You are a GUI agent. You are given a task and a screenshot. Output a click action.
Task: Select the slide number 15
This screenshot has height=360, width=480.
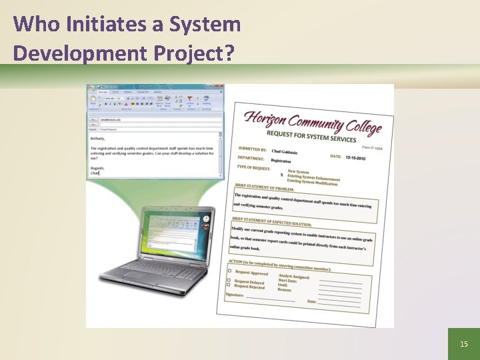point(464,344)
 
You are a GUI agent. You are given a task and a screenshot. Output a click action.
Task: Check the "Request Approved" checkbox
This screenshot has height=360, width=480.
point(230,271)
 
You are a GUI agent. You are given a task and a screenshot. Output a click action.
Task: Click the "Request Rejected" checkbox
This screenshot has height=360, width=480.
point(229,285)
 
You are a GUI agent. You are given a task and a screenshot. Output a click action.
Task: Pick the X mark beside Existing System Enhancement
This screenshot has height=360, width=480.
point(281,175)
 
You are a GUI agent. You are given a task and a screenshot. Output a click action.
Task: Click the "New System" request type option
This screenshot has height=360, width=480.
point(298,172)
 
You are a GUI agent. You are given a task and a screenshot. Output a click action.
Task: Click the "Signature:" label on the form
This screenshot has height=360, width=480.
point(234,294)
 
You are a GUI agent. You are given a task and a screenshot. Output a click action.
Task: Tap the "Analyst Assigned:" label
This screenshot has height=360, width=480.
point(294,276)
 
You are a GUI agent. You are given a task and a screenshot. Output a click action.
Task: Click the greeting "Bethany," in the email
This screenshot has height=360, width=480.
point(97,139)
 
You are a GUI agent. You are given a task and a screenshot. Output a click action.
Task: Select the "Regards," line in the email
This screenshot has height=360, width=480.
point(98,168)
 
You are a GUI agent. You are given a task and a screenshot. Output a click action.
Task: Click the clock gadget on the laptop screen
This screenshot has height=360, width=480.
point(206,219)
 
